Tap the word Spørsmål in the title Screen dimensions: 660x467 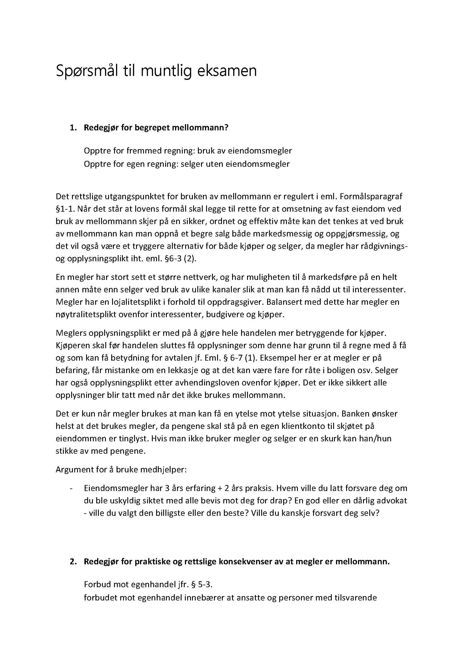[x=87, y=71]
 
